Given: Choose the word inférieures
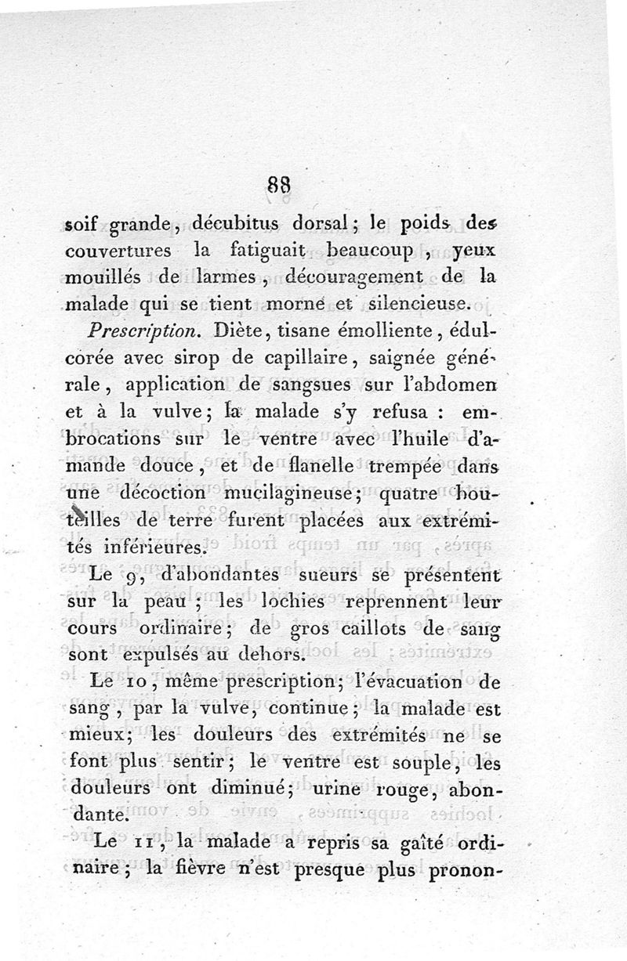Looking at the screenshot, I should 144,552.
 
